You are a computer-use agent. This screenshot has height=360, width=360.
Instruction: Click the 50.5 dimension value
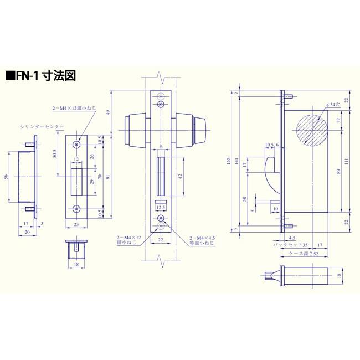click(x=55, y=153)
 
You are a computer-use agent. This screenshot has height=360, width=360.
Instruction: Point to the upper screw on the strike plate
click(x=77, y=144)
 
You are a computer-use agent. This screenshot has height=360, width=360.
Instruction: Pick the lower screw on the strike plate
click(x=77, y=209)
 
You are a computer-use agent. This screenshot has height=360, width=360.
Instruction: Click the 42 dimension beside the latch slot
click(x=180, y=176)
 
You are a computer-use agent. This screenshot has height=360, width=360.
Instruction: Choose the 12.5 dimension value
click(x=161, y=207)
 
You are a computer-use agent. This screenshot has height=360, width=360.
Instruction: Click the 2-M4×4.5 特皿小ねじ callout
click(x=201, y=239)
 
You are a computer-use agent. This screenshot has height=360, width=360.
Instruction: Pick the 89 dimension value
click(x=338, y=171)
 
